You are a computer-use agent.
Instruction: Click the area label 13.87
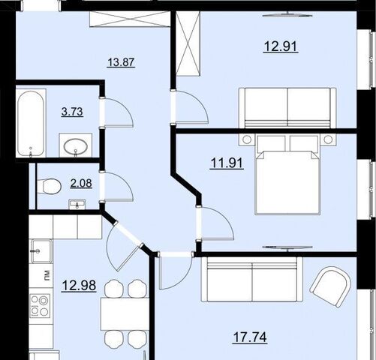coord(121,62)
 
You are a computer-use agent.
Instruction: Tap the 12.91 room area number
coord(281,46)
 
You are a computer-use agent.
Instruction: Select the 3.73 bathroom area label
coord(72,112)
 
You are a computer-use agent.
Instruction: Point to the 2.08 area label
coord(81,183)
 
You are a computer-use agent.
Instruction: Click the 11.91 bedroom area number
coord(227,163)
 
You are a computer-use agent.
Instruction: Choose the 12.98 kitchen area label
coord(79,286)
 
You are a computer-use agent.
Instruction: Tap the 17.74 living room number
coord(250,337)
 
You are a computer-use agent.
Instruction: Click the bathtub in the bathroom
coord(32,123)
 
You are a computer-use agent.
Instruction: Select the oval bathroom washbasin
coord(76,145)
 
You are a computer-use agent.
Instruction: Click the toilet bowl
coord(50,186)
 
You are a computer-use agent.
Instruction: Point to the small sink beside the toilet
coord(77,204)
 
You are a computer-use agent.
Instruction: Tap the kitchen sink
coord(41,251)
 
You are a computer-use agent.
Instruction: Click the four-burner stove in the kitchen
coord(40,306)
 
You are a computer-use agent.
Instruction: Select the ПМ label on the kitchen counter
coord(47,275)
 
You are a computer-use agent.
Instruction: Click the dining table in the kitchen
coord(125,314)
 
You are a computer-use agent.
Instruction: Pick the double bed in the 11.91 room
coord(287,175)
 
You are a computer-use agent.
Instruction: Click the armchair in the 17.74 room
coord(330,286)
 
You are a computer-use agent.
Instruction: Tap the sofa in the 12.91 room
coord(287,108)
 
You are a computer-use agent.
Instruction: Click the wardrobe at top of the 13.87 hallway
coord(130,19)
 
